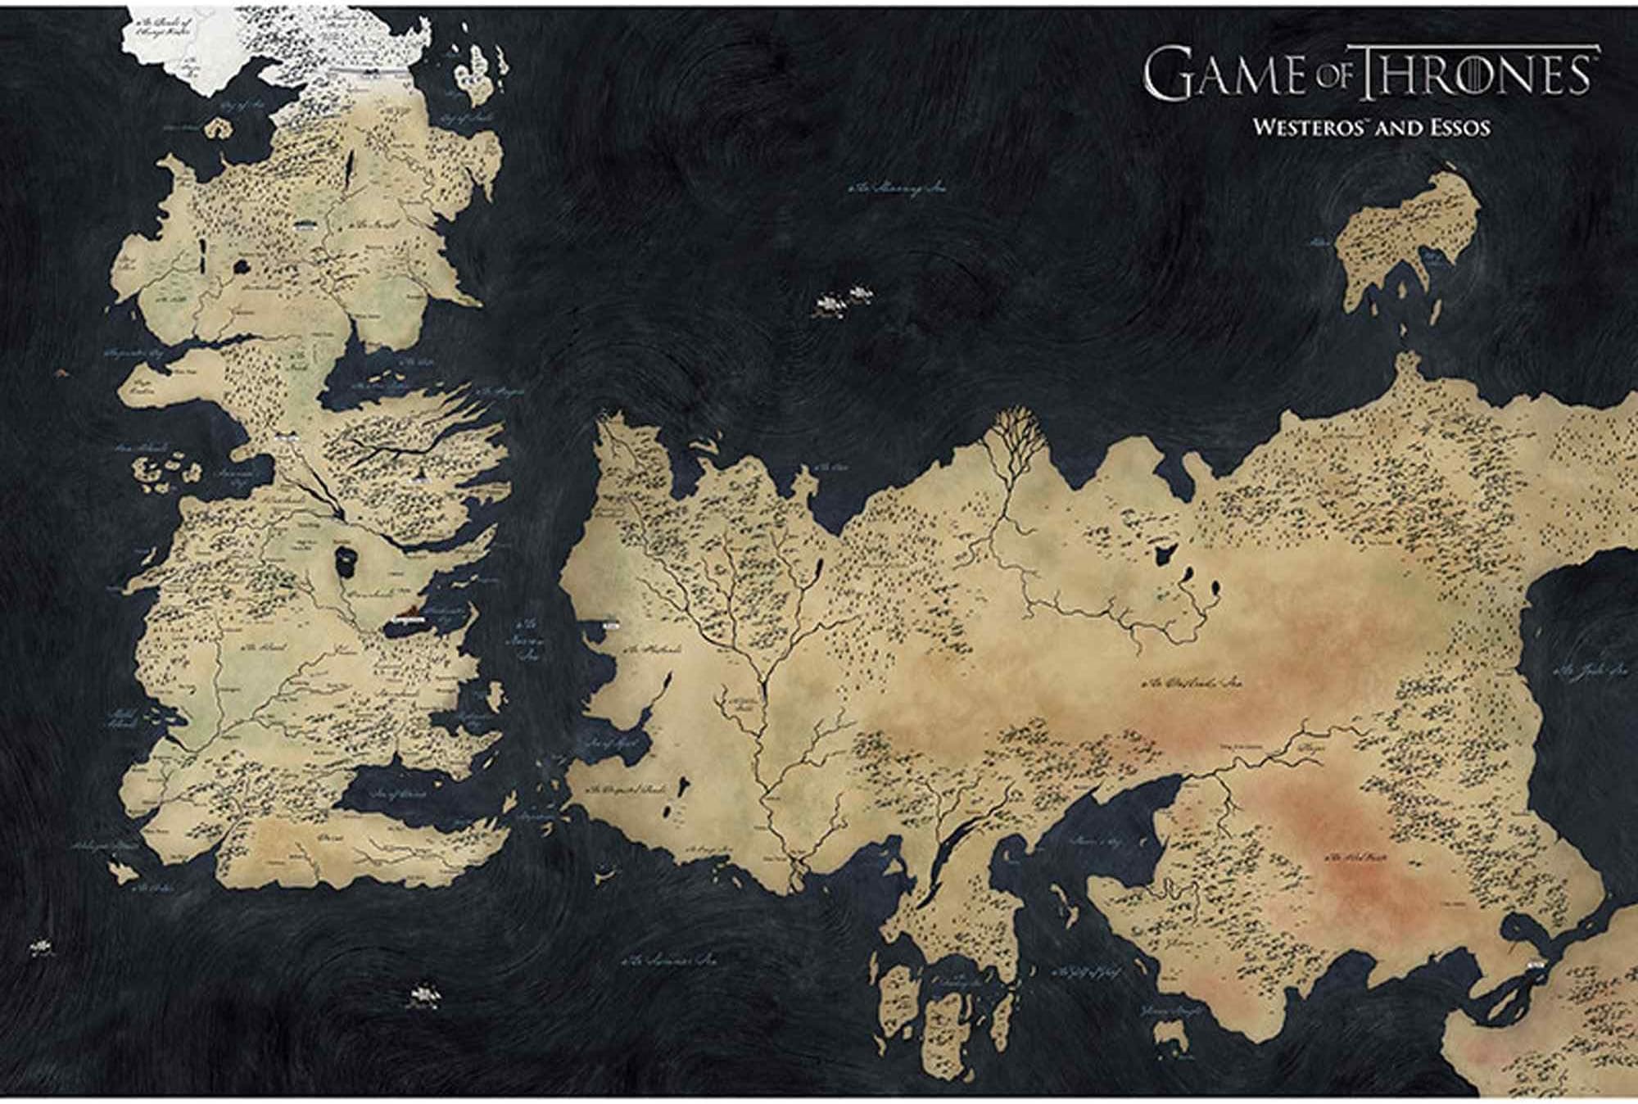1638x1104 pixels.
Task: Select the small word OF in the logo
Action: click(1332, 79)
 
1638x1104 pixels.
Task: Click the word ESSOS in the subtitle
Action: click(1456, 129)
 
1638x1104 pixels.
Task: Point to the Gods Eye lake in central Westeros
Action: click(345, 559)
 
